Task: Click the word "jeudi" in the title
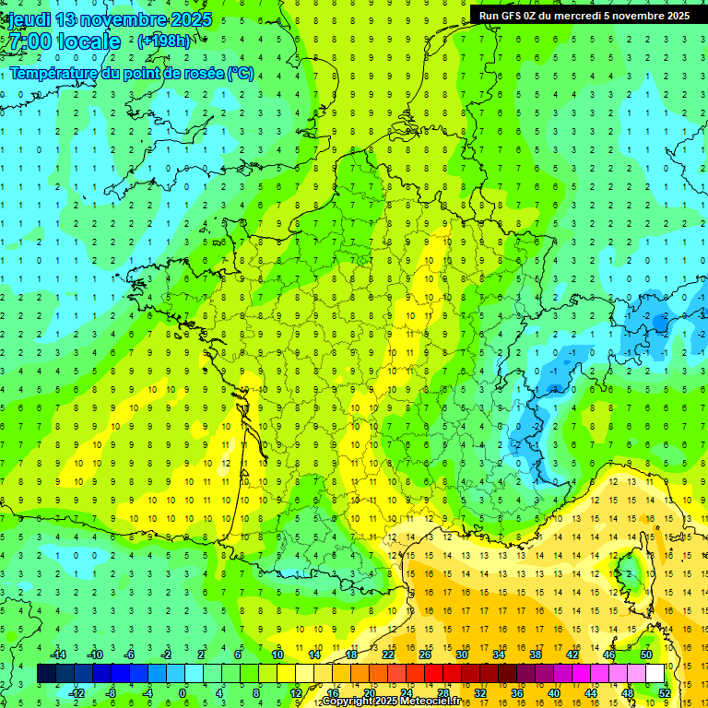pyautogui.click(x=27, y=19)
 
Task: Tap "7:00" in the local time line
pyautogui.click(x=29, y=41)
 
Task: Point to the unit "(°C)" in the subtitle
pyautogui.click(x=240, y=73)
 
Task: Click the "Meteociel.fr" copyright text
pyautogui.click(x=431, y=702)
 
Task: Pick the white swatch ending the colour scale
pyautogui.click(x=655, y=674)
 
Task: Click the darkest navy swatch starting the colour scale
pyautogui.click(x=46, y=674)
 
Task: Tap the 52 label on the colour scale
pyautogui.click(x=664, y=693)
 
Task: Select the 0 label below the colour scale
pyautogui.click(x=183, y=693)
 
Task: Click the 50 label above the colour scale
pyautogui.click(x=645, y=655)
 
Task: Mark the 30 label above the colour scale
pyautogui.click(x=461, y=655)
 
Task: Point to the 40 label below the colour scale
pyautogui.click(x=553, y=693)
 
